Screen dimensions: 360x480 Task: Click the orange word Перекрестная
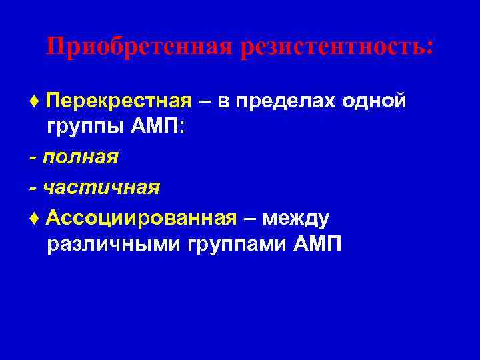coord(119,101)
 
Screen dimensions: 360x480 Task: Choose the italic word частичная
coord(101,187)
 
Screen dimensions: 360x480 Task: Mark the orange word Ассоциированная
coord(141,217)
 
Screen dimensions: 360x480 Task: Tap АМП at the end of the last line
coord(317,245)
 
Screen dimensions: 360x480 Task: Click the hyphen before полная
coord(33,159)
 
